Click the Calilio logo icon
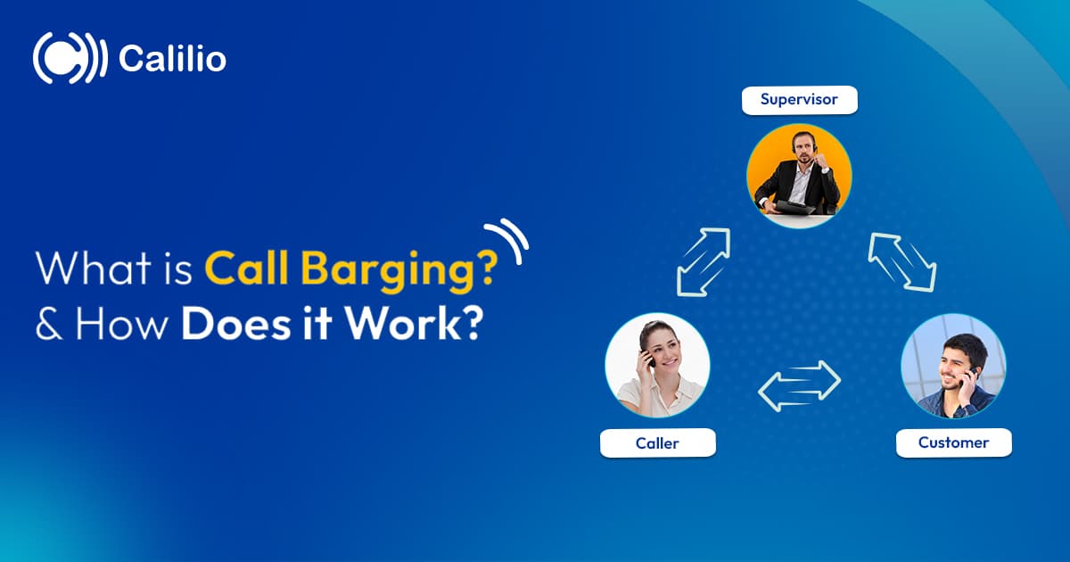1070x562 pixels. click(x=70, y=59)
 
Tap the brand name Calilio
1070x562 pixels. click(x=172, y=60)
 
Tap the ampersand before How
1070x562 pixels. click(x=46, y=323)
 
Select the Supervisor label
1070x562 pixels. click(x=799, y=100)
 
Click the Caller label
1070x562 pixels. click(x=658, y=442)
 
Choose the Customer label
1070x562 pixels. click(x=953, y=442)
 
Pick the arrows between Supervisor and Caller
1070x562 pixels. click(x=704, y=261)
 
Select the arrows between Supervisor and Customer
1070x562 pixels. click(x=901, y=261)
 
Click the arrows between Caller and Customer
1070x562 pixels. click(x=799, y=385)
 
